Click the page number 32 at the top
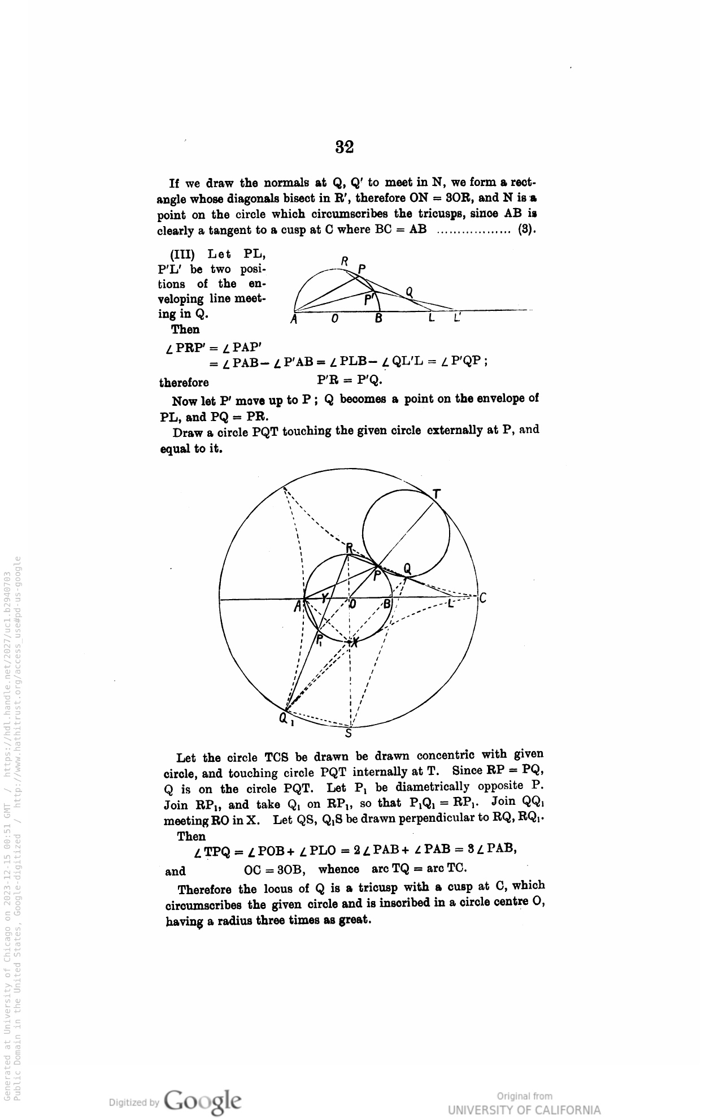(345, 147)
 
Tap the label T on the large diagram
(436, 494)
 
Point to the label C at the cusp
(483, 598)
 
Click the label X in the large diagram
(355, 642)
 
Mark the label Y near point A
(324, 598)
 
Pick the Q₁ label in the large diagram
(284, 720)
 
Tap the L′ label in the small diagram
(458, 318)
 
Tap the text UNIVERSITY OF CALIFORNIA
(524, 1110)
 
